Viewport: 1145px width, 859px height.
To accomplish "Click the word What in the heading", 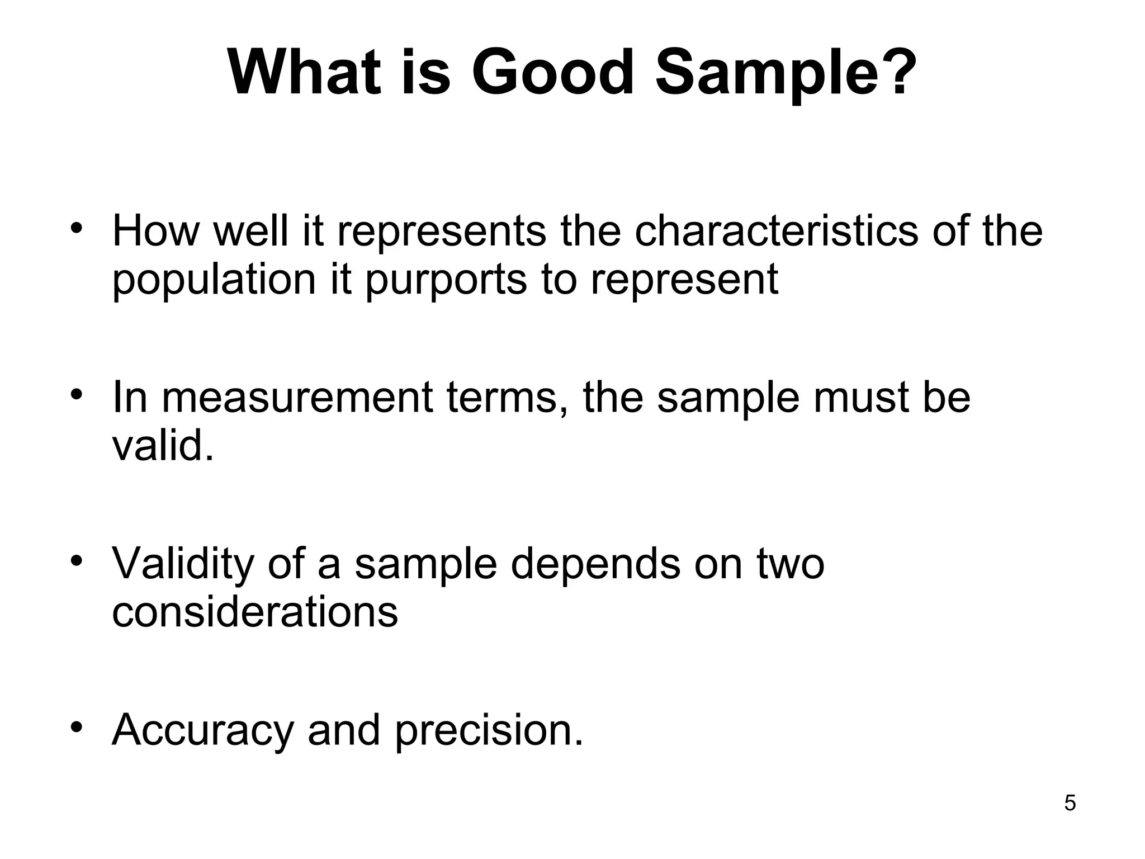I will click(x=305, y=73).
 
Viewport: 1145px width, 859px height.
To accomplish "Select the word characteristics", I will click(x=776, y=230).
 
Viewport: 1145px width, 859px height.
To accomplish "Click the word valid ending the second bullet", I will click(x=162, y=446).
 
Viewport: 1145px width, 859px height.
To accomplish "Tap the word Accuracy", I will click(x=202, y=730).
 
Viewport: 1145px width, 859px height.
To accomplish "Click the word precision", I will click(x=488, y=730).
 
